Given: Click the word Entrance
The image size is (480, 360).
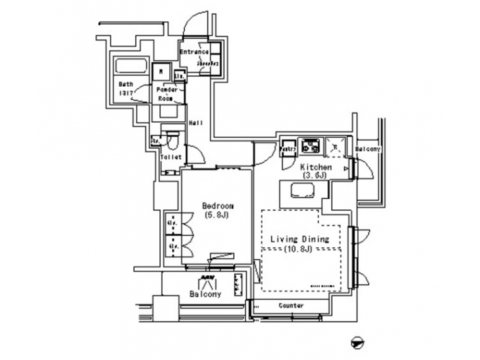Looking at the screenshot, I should (x=195, y=52).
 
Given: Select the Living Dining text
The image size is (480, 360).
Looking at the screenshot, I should (x=299, y=238).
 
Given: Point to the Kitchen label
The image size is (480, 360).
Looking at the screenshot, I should (x=315, y=167).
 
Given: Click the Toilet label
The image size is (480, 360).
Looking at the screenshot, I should (x=171, y=157).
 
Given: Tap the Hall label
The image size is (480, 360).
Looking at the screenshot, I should (x=195, y=123).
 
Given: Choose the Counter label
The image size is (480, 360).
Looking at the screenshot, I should (x=288, y=305).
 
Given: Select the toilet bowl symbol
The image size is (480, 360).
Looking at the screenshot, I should (x=172, y=141).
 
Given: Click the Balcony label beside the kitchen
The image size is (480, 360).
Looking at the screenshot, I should (x=367, y=149).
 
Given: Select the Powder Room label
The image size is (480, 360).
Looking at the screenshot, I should (x=165, y=93).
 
